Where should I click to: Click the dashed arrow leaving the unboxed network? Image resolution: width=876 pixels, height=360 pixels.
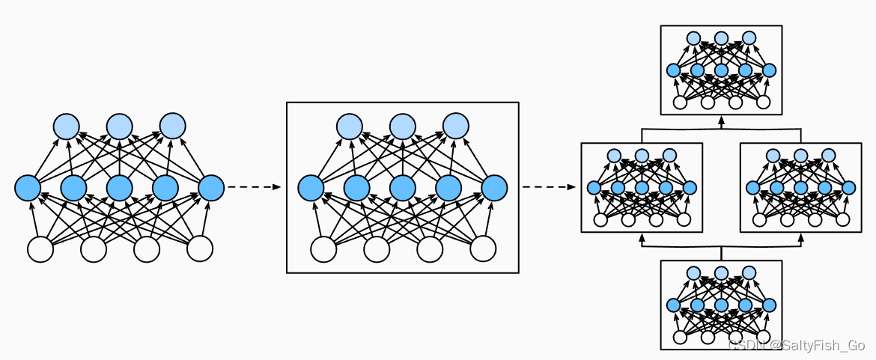(253, 187)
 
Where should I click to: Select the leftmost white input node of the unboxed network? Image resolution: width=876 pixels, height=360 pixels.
(40, 249)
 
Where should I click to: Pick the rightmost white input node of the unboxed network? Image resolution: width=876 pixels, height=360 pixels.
(200, 249)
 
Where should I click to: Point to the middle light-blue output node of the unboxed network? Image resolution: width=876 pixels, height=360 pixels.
(119, 125)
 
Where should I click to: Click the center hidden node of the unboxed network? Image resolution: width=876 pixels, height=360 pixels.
(119, 187)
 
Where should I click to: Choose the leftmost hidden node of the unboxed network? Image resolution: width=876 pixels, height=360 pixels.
(28, 187)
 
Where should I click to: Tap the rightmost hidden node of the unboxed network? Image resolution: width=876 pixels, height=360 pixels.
(211, 187)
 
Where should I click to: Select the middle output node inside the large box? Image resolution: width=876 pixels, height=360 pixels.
(402, 125)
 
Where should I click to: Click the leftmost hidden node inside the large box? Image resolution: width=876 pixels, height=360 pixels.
(311, 187)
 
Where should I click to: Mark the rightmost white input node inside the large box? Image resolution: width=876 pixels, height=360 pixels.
(483, 249)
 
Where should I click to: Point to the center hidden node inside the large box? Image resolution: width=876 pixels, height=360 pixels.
(402, 187)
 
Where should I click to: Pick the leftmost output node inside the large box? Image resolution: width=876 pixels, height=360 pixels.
(349, 125)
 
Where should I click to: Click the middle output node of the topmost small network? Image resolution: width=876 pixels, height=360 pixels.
(721, 38)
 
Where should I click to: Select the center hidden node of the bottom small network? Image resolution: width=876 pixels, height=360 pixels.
(721, 305)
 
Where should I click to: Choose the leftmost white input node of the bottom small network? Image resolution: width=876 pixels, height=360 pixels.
(680, 337)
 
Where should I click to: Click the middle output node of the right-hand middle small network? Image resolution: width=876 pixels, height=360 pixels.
(800, 156)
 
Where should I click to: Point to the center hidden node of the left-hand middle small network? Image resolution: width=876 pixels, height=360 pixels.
(642, 188)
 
